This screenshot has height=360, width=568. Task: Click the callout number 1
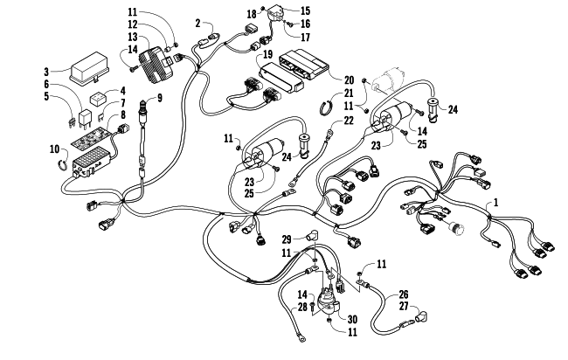coord(496,203)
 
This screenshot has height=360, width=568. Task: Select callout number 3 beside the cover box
coord(46,72)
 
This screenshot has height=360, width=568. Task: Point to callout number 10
coord(54,149)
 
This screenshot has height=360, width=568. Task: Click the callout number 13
coord(133,37)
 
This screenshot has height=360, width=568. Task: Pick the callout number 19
coord(267,55)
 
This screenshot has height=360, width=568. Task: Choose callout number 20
coord(349,80)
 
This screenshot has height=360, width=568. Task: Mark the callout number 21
coord(348,93)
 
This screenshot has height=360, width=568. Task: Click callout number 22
coord(348,121)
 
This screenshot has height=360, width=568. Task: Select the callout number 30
coord(352,319)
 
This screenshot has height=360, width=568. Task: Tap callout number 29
coord(287,239)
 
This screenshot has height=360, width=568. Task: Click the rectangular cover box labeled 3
coord(87,69)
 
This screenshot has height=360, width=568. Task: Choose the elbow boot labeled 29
coord(311,235)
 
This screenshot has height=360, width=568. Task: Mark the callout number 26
coord(403,294)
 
